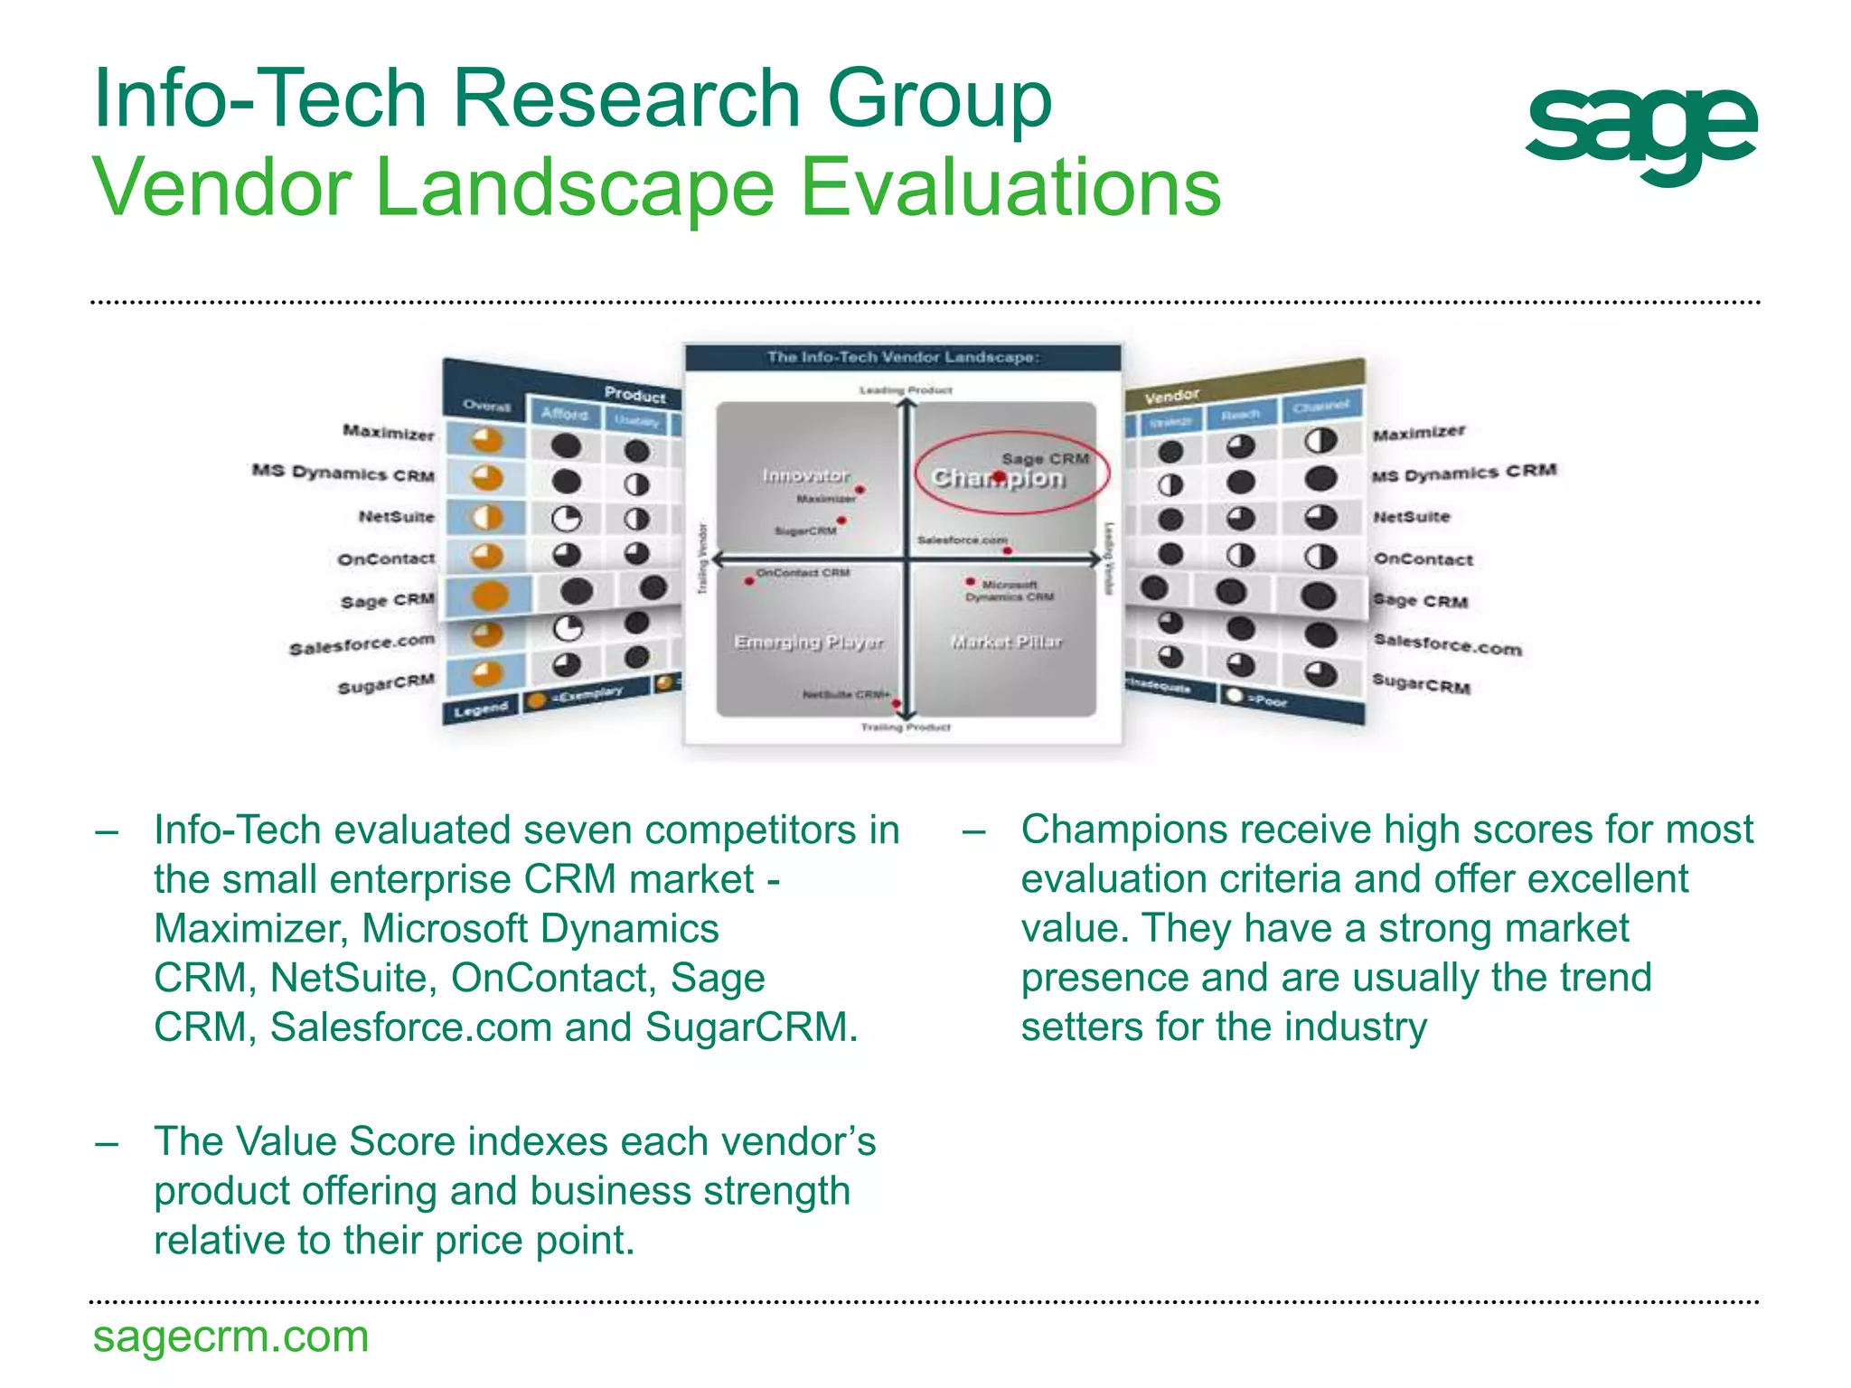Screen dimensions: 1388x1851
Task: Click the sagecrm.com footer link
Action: pyautogui.click(x=230, y=1336)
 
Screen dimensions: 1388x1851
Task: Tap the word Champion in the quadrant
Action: pyautogui.click(x=998, y=478)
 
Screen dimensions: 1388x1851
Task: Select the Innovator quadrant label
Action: pyautogui.click(x=804, y=475)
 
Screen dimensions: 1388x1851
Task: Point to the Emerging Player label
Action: pyautogui.click(x=808, y=642)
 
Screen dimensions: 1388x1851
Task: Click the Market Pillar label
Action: pyautogui.click(x=1006, y=642)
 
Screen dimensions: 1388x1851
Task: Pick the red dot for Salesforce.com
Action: pyautogui.click(x=1007, y=550)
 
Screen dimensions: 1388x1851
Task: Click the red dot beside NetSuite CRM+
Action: pyautogui.click(x=896, y=703)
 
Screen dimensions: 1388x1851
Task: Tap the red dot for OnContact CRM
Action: pyautogui.click(x=749, y=581)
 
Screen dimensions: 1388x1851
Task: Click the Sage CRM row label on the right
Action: pyautogui.click(x=1420, y=600)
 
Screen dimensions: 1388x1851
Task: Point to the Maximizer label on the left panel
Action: pyautogui.click(x=388, y=432)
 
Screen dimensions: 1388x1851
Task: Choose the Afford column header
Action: pyautogui.click(x=565, y=414)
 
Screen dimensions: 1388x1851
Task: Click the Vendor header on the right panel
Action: pyautogui.click(x=1171, y=396)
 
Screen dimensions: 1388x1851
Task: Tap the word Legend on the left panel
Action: pyautogui.click(x=481, y=709)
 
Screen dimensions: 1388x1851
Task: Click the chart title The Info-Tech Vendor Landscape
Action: pyautogui.click(x=903, y=357)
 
